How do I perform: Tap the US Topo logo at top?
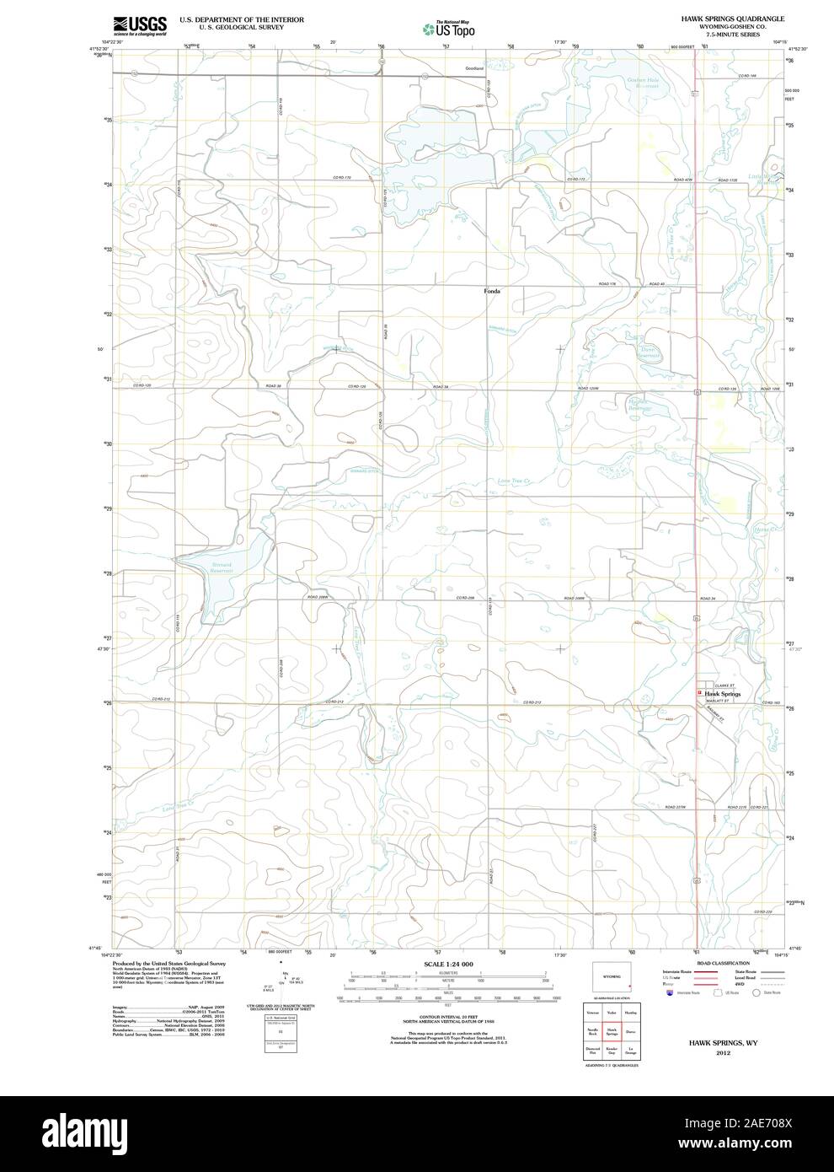pyautogui.click(x=448, y=29)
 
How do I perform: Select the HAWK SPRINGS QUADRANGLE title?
pyautogui.click(x=721, y=18)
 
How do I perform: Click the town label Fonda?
pyautogui.click(x=492, y=291)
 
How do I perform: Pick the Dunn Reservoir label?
pyautogui.click(x=648, y=351)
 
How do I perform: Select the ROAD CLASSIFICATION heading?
pyautogui.click(x=723, y=963)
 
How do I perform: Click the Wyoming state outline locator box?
pyautogui.click(x=612, y=976)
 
